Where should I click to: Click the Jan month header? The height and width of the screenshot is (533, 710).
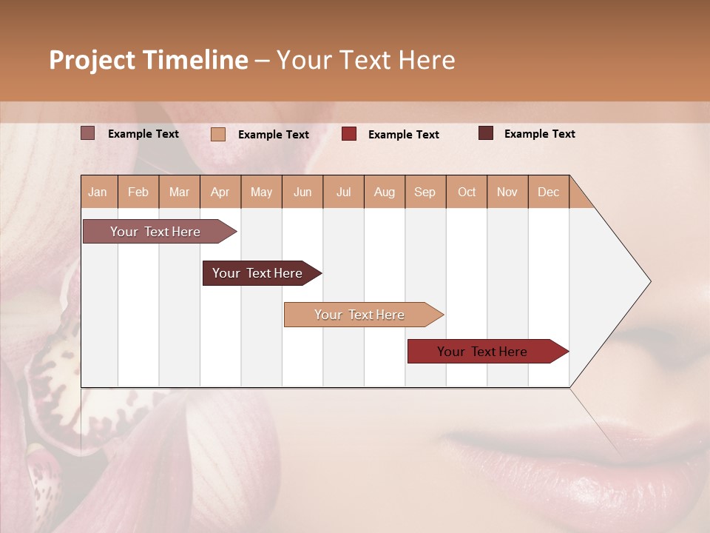98,192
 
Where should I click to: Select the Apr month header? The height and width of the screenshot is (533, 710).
220,192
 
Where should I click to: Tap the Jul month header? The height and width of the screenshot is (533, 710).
343,192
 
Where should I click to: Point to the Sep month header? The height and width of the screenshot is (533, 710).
425,192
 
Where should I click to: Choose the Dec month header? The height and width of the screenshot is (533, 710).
548,192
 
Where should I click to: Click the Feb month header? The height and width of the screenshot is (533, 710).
138,192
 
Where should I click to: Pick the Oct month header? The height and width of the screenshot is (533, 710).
467,192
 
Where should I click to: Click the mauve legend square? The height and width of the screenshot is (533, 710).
87,133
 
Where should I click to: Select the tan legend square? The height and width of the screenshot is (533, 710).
218,134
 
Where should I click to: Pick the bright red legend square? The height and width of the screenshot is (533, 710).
349,134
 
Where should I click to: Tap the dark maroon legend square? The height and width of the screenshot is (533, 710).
486,133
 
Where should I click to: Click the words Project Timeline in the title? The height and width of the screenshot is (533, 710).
149,60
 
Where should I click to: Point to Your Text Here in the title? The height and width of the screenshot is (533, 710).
366,60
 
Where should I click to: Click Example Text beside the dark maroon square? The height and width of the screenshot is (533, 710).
539,134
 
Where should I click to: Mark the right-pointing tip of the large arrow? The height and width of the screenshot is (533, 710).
649,281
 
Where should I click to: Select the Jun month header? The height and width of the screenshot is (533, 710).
302,192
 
